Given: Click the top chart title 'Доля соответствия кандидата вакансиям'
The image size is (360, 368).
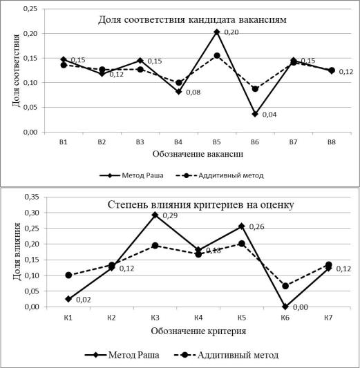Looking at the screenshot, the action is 192,20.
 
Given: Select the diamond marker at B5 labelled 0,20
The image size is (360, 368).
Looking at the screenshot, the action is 217,32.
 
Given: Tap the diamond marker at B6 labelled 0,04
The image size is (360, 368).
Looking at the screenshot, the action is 255,114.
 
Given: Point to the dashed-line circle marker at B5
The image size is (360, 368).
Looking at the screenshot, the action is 217,56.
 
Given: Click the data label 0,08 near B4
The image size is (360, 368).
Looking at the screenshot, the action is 193,93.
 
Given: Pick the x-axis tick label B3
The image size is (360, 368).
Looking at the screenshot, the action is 140,142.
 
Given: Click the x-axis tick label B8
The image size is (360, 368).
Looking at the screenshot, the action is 332,142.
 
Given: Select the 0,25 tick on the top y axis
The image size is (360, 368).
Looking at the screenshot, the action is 30,9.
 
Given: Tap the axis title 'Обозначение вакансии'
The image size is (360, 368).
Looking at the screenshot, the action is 198,154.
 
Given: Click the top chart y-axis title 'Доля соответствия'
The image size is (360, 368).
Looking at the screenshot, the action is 16,70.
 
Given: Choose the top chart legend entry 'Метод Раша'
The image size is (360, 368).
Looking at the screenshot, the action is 131,175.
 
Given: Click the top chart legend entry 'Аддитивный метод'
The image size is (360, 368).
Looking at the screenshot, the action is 220,175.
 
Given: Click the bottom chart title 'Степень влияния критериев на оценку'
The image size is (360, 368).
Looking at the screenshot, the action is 201,205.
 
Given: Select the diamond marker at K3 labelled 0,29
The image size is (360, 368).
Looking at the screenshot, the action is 155,215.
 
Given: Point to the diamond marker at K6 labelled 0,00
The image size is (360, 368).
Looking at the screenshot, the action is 285,307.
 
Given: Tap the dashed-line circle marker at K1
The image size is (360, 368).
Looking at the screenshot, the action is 68,275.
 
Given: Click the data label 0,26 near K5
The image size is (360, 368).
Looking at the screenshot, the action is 256,226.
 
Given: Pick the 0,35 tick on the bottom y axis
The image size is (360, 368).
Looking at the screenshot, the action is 32,197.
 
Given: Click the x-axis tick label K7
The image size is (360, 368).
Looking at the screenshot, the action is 328,318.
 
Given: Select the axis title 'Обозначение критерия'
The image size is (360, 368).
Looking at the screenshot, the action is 198,331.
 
